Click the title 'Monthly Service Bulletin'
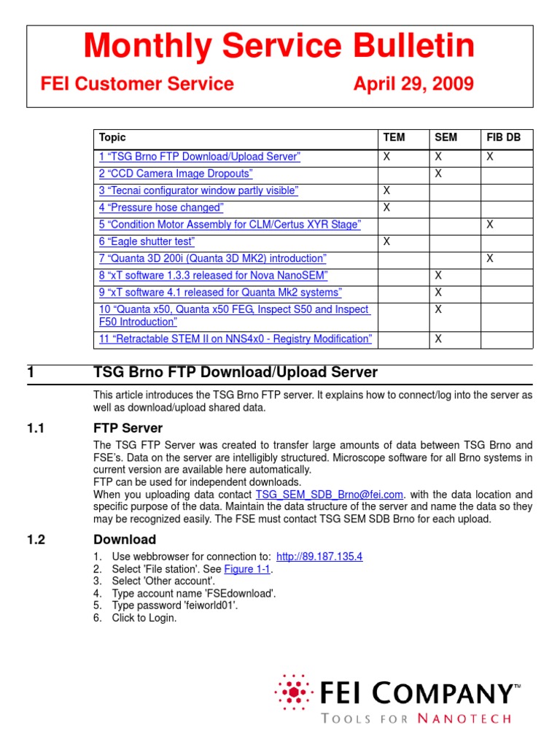(x=279, y=47)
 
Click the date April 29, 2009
(x=413, y=84)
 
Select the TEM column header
(x=394, y=137)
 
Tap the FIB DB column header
(x=503, y=137)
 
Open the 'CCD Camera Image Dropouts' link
(x=176, y=174)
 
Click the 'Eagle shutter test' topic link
(x=147, y=241)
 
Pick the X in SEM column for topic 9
(x=438, y=293)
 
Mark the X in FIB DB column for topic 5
(x=490, y=225)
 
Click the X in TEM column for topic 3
(x=387, y=190)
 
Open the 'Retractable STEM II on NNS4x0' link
(x=236, y=338)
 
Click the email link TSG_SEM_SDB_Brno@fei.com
(x=329, y=494)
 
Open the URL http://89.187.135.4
(x=319, y=557)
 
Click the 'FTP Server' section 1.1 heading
(x=128, y=428)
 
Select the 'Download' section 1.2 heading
(x=125, y=540)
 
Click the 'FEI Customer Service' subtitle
(x=137, y=84)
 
